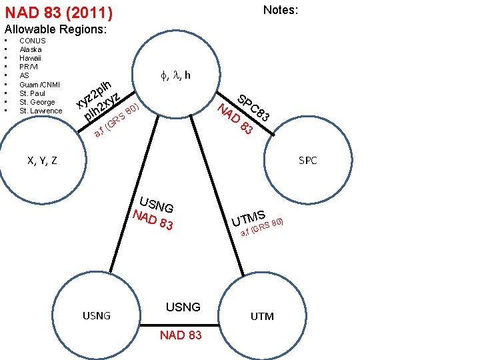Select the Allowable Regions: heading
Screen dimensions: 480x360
[56, 30]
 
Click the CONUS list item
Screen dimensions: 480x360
[33, 41]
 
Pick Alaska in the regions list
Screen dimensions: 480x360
[31, 49]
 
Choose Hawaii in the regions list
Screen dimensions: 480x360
[31, 58]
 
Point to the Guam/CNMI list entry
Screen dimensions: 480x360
[39, 85]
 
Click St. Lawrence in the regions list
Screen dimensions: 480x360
[41, 111]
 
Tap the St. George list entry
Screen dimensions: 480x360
[37, 102]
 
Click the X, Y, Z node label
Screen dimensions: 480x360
[41, 160]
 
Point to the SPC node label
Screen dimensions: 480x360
[308, 161]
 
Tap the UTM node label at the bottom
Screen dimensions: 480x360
[262, 316]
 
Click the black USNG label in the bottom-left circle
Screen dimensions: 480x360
[97, 315]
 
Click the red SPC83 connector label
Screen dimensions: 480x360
[253, 105]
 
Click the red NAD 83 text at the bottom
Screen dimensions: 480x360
[181, 335]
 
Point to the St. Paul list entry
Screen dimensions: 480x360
[33, 93]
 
